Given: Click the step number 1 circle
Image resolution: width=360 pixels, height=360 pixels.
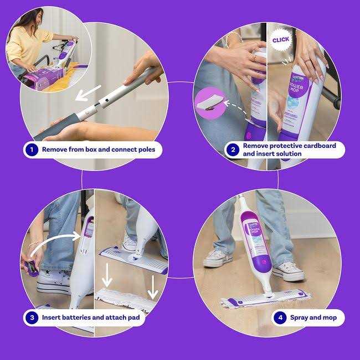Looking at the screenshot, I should pyautogui.click(x=32, y=150).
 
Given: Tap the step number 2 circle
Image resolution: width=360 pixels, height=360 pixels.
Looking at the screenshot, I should pyautogui.click(x=233, y=150).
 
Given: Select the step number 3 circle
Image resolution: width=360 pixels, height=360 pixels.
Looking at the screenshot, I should pyautogui.click(x=32, y=318).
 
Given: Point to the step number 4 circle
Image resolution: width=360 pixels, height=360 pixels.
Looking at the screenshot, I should pyautogui.click(x=281, y=318).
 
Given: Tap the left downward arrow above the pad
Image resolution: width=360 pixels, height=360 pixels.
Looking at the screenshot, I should pyautogui.click(x=108, y=275).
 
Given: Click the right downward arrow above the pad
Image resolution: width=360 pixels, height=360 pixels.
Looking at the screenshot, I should pyautogui.click(x=153, y=285).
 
